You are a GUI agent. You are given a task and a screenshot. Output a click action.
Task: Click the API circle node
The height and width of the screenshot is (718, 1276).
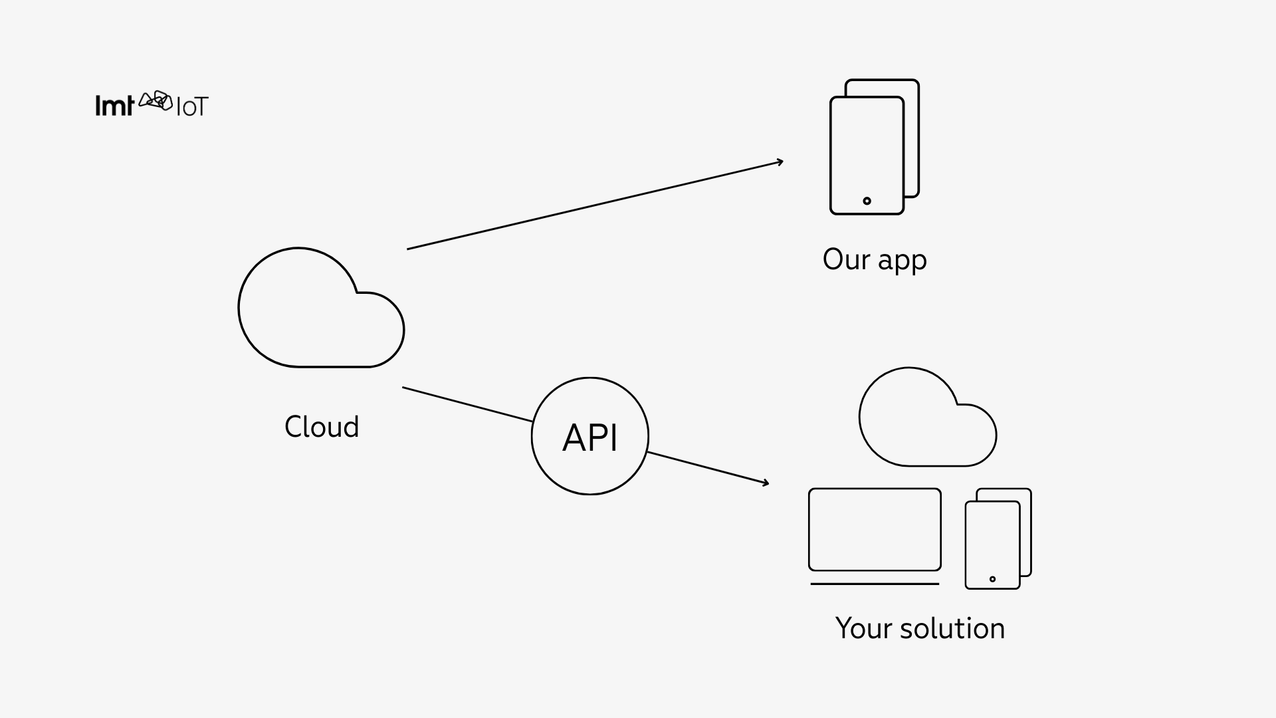click(x=589, y=436)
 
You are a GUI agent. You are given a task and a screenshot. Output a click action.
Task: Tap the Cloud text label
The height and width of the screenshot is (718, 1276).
click(x=322, y=427)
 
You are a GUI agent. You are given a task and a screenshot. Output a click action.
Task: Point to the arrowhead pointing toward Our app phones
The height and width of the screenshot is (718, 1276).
click(x=780, y=162)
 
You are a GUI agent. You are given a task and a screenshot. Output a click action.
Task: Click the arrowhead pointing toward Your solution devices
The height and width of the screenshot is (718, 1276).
click(x=766, y=483)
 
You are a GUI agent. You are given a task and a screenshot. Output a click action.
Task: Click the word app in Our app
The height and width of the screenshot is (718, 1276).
click(x=902, y=261)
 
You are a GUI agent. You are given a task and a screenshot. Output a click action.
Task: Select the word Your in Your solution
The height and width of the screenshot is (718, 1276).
click(x=863, y=628)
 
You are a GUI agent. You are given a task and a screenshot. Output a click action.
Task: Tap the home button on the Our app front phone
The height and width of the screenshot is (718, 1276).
click(x=867, y=201)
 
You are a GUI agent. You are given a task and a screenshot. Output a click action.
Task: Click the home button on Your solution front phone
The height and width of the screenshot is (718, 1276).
click(x=992, y=579)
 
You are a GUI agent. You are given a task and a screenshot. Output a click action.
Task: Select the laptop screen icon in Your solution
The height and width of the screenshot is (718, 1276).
click(x=875, y=529)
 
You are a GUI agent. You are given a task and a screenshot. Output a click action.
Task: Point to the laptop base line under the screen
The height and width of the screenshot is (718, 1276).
click(x=875, y=584)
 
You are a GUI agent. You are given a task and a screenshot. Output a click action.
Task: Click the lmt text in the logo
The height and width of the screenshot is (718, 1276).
click(x=114, y=106)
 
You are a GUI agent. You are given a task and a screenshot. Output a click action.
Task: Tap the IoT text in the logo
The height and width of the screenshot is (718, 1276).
click(x=192, y=107)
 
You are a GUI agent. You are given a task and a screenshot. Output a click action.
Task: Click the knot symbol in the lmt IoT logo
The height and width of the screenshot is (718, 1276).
click(x=156, y=101)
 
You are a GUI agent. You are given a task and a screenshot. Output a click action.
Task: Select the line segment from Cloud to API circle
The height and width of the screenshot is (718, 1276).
click(x=467, y=404)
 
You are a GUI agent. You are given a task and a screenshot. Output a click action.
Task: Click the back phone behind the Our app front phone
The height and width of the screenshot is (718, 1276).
click(x=912, y=133)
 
